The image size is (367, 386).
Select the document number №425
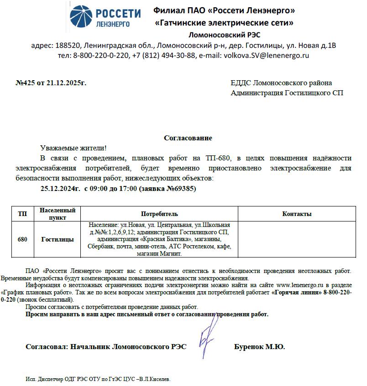[x=26, y=83]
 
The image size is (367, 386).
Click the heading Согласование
[x=188, y=138]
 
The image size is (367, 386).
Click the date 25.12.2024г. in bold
[x=60, y=189]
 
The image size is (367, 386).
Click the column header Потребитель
[x=159, y=214]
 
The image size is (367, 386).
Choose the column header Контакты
[x=297, y=214]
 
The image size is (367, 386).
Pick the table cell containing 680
[x=22, y=239]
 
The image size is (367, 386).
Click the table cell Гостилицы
[x=58, y=239]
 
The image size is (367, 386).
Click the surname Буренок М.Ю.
[x=259, y=347]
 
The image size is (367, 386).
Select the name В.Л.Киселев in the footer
[x=155, y=379]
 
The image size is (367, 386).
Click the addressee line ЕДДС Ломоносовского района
[x=282, y=83]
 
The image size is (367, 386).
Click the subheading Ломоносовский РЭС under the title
[x=225, y=35]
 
